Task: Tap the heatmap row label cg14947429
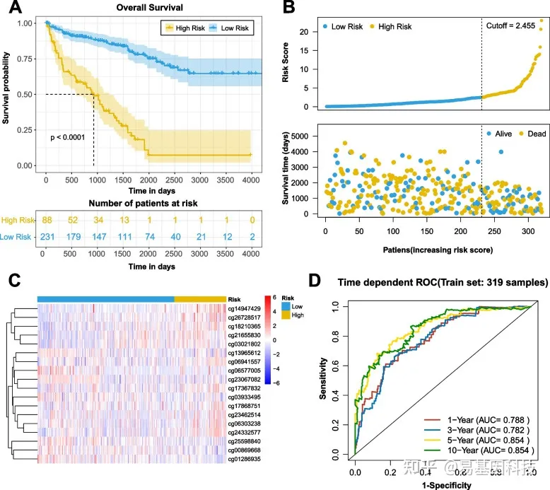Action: pos(244,309)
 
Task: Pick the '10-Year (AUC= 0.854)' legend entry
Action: pos(484,450)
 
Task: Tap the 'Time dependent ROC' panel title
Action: pos(441,282)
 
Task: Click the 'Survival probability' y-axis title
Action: pos(7,93)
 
